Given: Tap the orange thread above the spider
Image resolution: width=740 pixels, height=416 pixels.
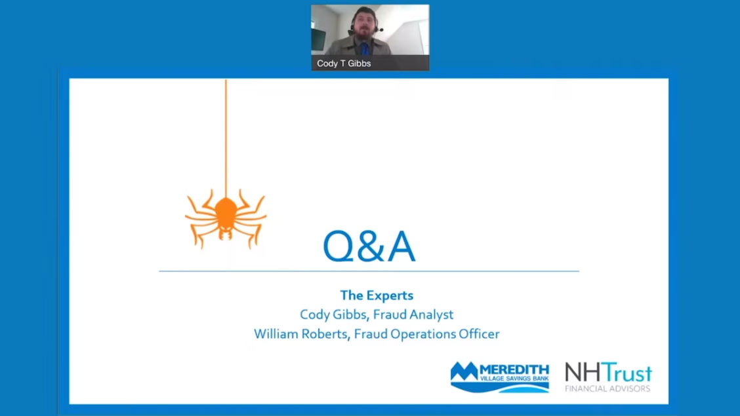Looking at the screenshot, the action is point(226,138).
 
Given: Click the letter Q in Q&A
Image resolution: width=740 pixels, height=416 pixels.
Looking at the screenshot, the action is point(338,246).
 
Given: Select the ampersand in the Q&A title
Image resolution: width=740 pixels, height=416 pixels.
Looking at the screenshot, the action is point(371,246).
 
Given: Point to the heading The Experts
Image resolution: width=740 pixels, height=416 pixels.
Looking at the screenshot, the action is point(377,295).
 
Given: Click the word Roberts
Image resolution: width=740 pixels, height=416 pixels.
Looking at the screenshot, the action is point(325,334).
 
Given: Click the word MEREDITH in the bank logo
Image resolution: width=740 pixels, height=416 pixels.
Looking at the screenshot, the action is point(514,370).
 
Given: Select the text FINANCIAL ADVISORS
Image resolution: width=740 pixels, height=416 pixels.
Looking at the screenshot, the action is point(608,388).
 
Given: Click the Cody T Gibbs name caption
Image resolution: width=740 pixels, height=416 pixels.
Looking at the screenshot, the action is point(344,63).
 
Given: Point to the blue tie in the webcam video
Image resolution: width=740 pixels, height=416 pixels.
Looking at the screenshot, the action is point(364,48).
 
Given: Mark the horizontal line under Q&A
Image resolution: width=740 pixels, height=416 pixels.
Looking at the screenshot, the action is point(369,271).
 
